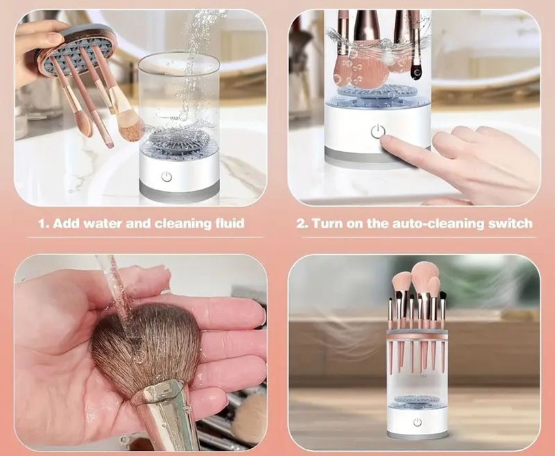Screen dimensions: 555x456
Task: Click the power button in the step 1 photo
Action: (x=166, y=177)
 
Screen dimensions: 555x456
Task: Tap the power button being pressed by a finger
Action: (x=378, y=131)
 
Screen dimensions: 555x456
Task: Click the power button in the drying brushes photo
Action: (x=418, y=422)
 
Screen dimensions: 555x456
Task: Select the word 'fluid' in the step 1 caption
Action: (x=230, y=223)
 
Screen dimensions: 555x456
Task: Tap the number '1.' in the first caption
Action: (x=43, y=223)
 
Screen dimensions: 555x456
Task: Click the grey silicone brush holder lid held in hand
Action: (x=77, y=49)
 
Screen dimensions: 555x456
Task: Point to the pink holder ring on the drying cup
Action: (x=418, y=334)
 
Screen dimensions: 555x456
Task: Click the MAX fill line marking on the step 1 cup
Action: (x=174, y=118)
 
